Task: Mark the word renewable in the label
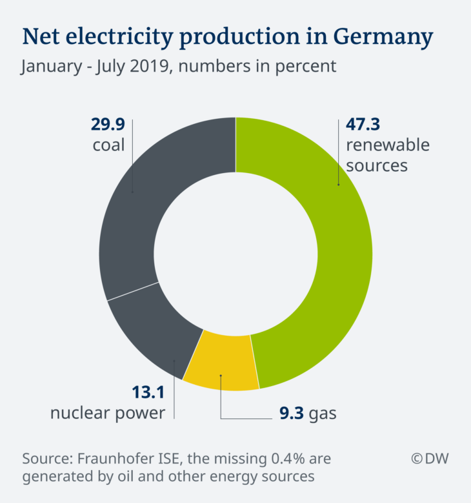[x=388, y=145]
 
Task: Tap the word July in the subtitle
[x=120, y=67]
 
